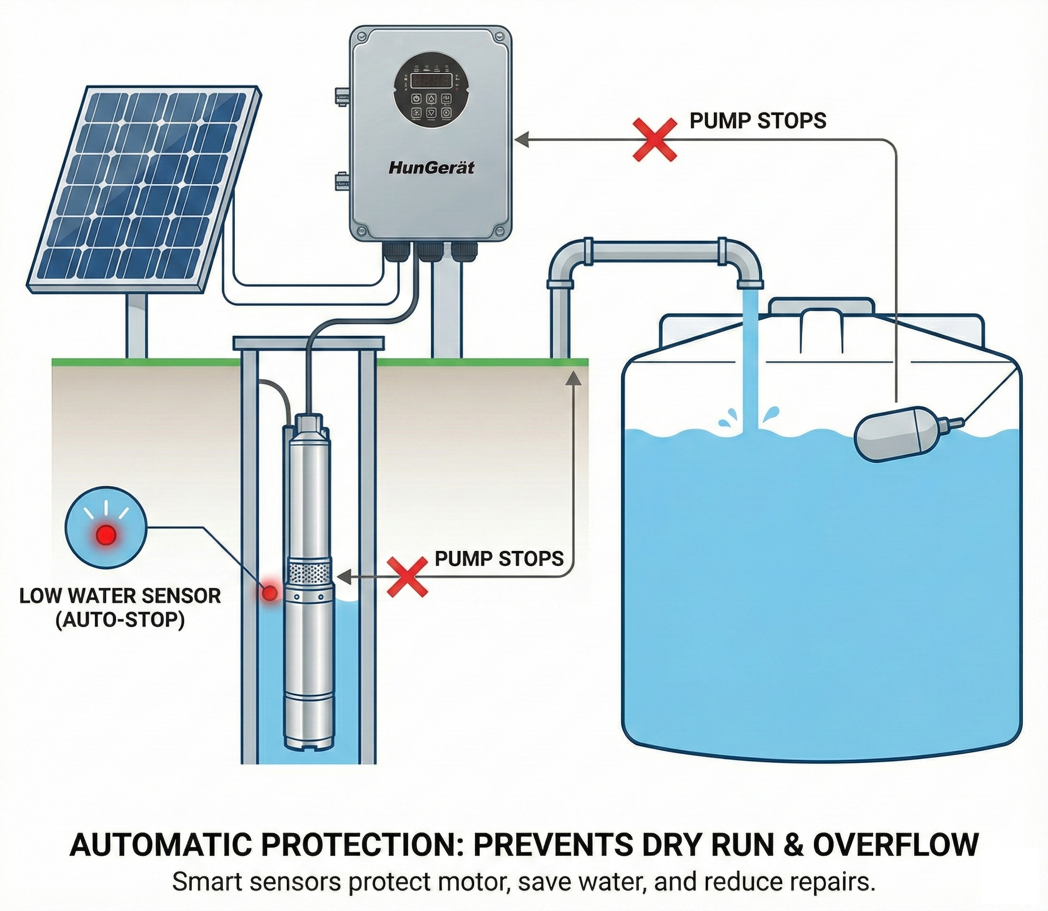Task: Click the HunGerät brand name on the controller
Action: pyautogui.click(x=430, y=167)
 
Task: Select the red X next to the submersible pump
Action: pyautogui.click(x=407, y=576)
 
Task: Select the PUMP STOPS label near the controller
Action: pyautogui.click(x=758, y=121)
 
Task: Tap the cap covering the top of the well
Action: pyautogui.click(x=309, y=342)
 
